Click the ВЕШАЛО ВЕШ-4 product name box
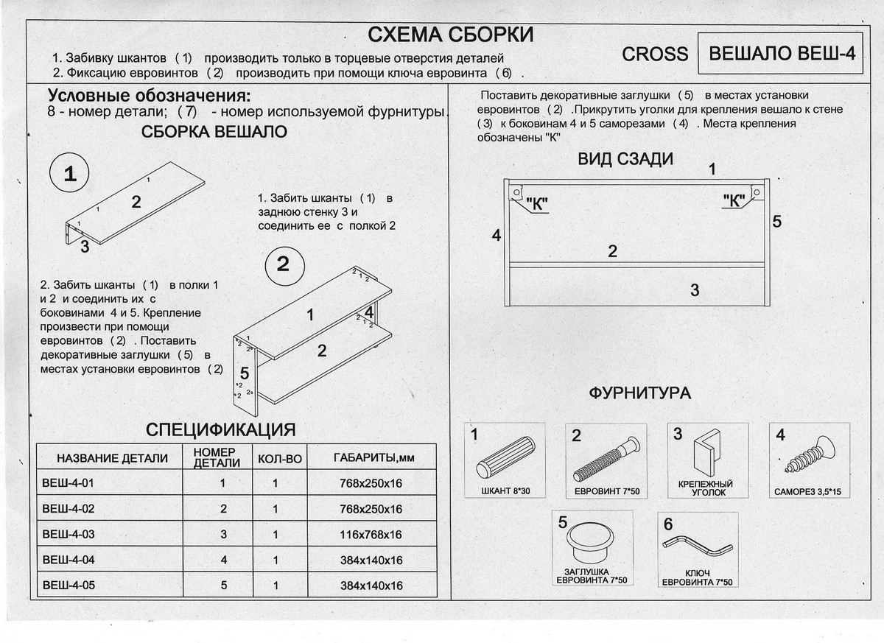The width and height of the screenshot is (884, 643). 780,55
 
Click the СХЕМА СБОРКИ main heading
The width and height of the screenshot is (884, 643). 450,35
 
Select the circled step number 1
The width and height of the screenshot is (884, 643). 69,175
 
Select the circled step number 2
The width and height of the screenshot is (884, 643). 283,265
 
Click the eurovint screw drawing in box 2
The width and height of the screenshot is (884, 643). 606,458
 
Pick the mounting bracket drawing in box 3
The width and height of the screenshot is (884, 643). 708,451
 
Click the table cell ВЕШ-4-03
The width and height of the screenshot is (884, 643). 69,533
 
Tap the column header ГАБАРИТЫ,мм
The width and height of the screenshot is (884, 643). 373,458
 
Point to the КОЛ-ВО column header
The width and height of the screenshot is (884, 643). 280,458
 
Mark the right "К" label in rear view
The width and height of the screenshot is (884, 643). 734,200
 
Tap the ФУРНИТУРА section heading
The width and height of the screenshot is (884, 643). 639,393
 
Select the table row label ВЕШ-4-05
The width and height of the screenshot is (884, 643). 69,586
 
